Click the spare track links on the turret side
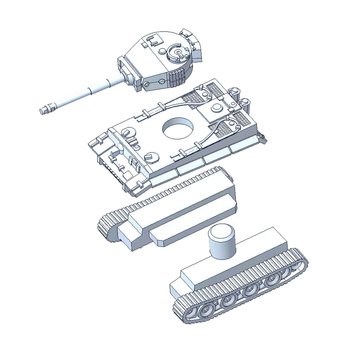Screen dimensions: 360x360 point(178,77)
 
